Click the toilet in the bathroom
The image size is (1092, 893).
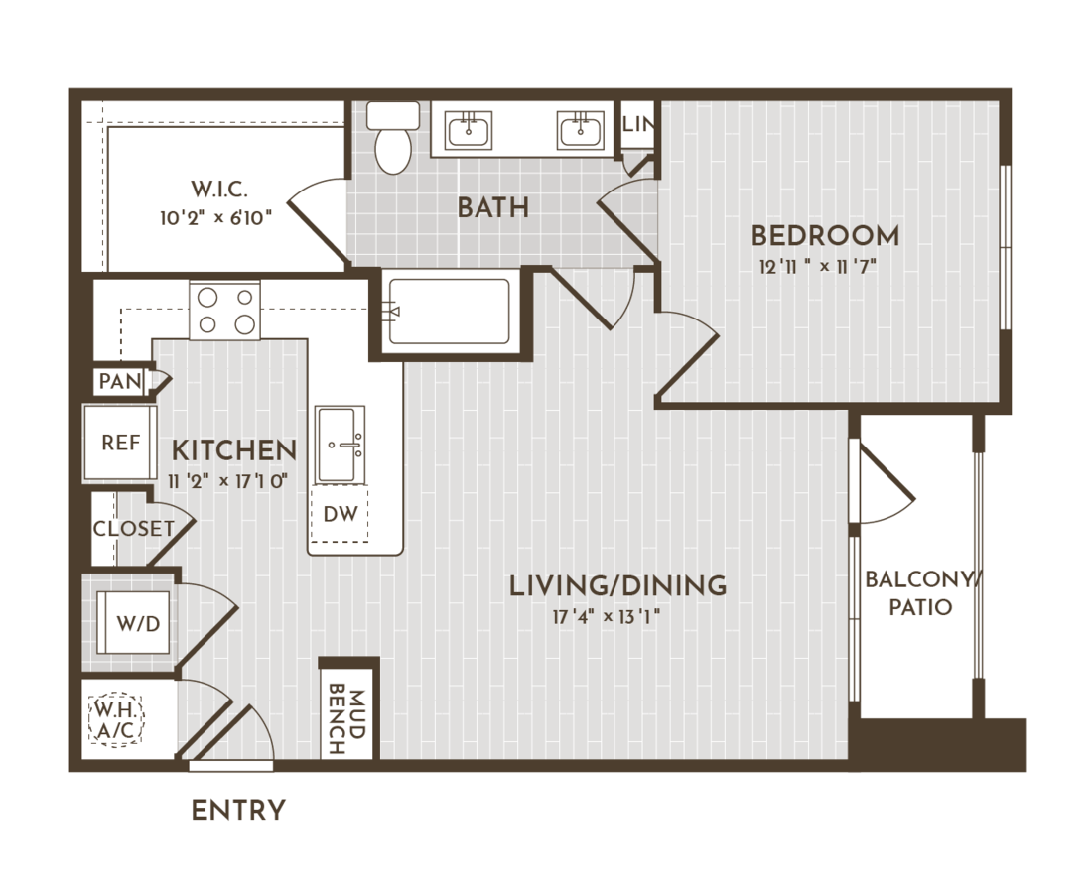(393, 137)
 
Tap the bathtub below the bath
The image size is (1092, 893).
(449, 312)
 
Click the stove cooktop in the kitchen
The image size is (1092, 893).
(225, 311)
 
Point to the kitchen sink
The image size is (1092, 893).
(340, 445)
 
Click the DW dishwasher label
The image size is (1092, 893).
(341, 514)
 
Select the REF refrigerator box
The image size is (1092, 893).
(120, 443)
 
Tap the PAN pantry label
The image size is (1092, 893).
(120, 381)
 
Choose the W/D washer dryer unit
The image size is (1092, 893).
(133, 622)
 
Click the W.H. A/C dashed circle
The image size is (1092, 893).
(116, 720)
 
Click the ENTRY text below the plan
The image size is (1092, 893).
(238, 811)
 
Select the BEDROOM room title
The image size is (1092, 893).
(825, 236)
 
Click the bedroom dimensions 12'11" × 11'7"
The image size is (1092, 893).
(818, 267)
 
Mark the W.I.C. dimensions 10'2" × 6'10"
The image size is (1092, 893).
(215, 218)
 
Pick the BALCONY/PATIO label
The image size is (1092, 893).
(921, 593)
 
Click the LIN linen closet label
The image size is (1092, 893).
(638, 125)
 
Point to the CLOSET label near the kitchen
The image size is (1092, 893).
(134, 528)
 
